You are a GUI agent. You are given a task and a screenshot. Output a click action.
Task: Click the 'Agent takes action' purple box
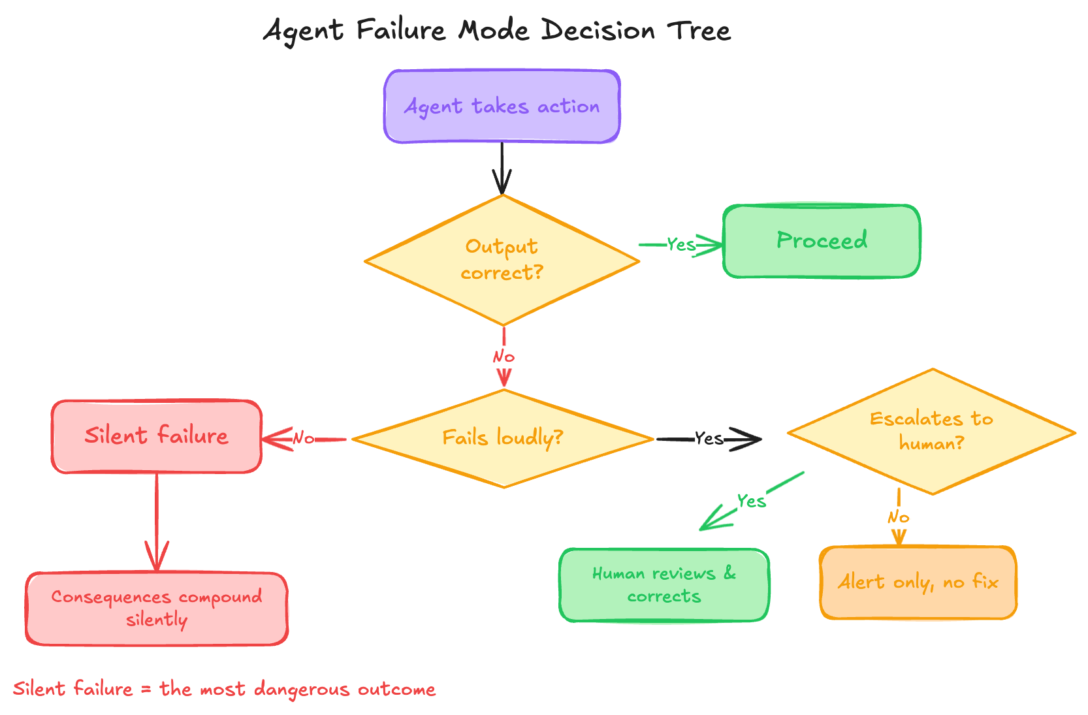click(502, 106)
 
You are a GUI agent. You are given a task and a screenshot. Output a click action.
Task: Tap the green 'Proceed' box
click(822, 241)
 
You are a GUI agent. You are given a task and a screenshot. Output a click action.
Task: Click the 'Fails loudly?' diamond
click(503, 438)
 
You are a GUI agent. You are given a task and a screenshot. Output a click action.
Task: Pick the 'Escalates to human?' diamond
click(931, 431)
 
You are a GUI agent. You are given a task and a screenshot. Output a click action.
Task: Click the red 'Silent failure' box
click(157, 436)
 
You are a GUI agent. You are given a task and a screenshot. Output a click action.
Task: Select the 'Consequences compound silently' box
click(157, 609)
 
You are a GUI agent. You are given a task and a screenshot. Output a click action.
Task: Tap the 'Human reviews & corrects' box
click(664, 585)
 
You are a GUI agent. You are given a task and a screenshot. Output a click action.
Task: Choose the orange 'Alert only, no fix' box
click(918, 582)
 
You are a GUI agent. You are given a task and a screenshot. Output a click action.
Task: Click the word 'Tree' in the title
click(699, 31)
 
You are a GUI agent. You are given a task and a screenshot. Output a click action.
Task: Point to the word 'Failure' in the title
click(400, 31)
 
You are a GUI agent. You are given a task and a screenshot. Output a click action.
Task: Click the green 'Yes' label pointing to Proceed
click(681, 245)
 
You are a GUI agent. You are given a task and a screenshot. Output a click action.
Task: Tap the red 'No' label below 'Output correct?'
click(504, 357)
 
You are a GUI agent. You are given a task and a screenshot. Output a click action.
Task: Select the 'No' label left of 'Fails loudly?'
click(304, 439)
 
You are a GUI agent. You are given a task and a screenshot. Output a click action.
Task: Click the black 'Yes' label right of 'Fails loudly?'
click(709, 439)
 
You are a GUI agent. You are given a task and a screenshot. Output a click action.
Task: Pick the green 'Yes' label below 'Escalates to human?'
click(751, 501)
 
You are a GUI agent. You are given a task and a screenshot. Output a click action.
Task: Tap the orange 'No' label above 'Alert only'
click(899, 518)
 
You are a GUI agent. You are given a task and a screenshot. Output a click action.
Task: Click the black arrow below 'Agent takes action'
click(502, 168)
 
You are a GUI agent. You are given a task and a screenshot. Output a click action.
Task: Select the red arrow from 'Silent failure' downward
click(157, 522)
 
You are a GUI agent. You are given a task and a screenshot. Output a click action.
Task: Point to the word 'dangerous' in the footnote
click(302, 690)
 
